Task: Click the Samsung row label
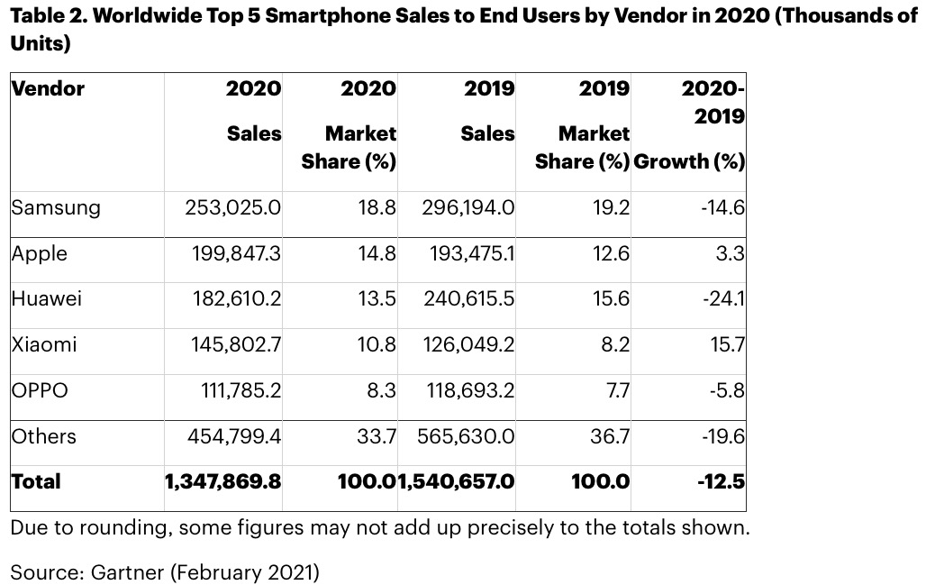56,207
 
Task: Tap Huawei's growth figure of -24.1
723,298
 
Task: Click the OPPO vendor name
40,390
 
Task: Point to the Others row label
44,436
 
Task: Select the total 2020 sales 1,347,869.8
222,482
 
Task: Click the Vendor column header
48,88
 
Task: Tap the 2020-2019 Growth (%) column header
691,125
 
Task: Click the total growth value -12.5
721,482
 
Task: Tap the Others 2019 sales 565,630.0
467,436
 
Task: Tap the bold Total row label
36,481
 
